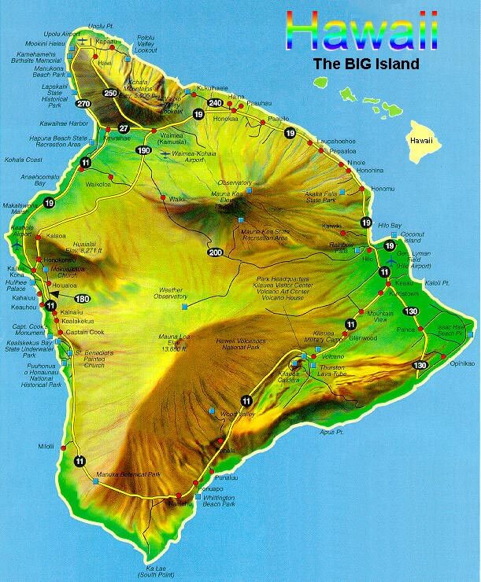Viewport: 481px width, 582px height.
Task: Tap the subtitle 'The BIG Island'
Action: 365,64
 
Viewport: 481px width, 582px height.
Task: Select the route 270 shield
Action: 83,103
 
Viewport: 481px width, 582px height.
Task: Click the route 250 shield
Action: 111,94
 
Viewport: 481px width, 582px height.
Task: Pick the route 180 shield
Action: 82,298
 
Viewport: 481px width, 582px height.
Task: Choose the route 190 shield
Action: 142,150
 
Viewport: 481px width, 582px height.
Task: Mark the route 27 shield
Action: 123,128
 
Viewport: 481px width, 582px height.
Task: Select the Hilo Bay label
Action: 390,225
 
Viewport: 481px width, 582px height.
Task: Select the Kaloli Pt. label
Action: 436,282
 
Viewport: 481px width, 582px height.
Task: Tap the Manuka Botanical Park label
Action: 128,475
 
